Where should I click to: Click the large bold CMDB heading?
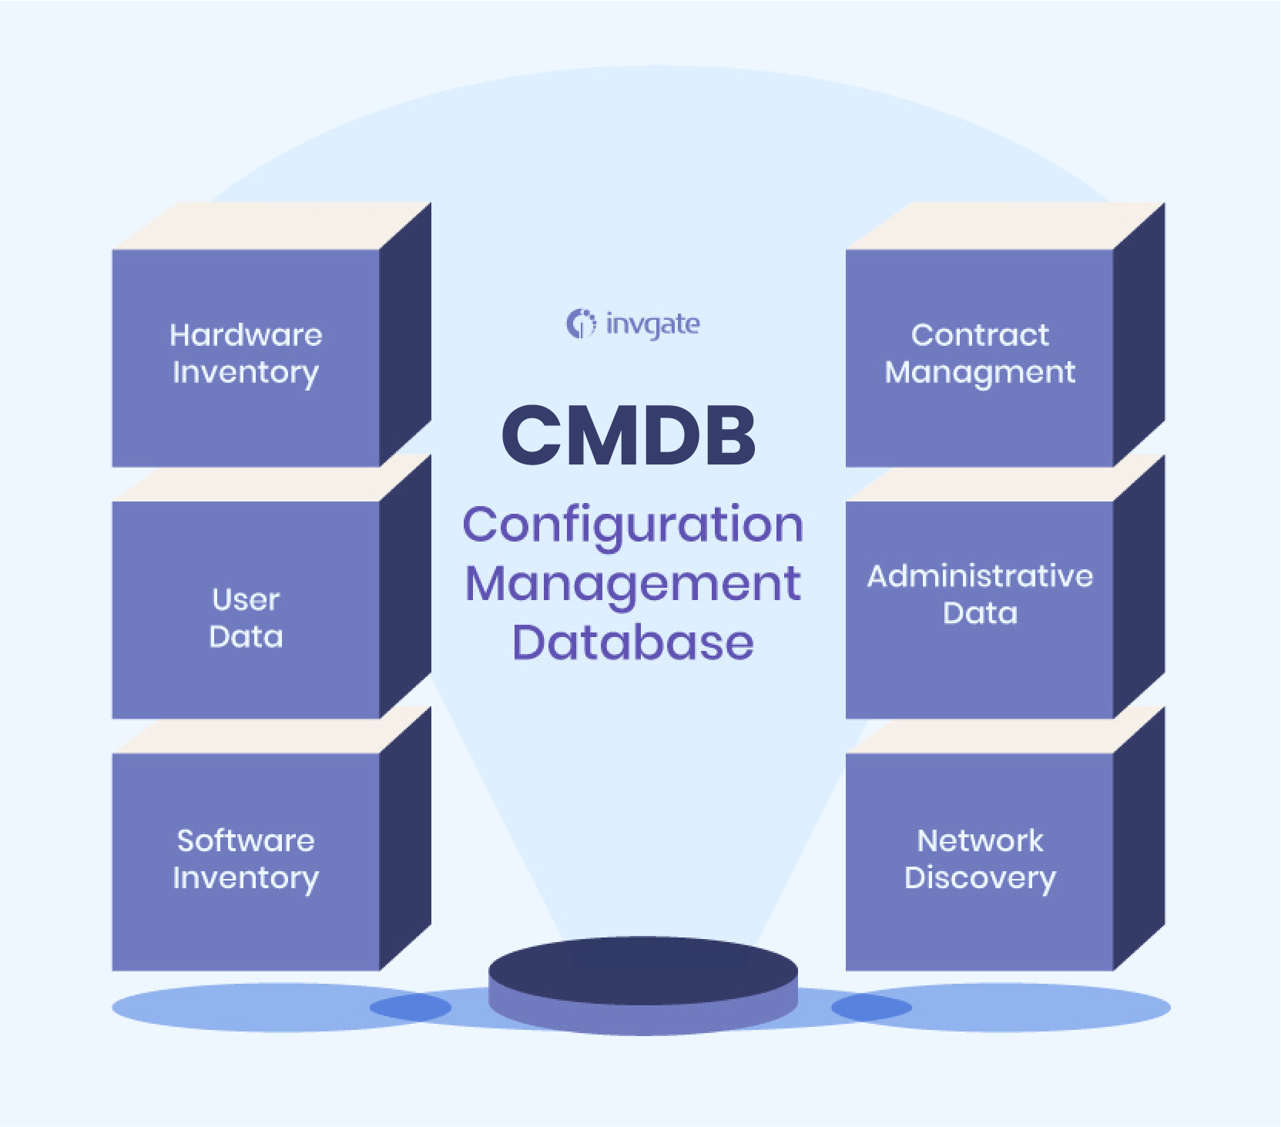coord(629,436)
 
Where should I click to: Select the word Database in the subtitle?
coord(633,643)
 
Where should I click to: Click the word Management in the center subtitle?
coord(633,585)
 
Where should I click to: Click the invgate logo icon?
coord(581,324)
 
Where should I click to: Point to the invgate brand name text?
coord(653,324)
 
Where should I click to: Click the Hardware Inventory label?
coord(246,354)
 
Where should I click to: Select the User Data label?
coord(246,619)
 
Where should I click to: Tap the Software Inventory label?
coord(246,859)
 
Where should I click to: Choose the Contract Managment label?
coord(980,354)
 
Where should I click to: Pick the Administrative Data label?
coord(980,594)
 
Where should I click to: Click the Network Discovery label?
coord(980,859)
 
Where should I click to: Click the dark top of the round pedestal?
coord(642,969)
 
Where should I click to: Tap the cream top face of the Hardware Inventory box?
coord(270,226)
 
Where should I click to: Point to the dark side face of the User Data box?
coord(405,585)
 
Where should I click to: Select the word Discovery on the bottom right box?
coord(980,878)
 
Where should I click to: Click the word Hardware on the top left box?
coord(246,335)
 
